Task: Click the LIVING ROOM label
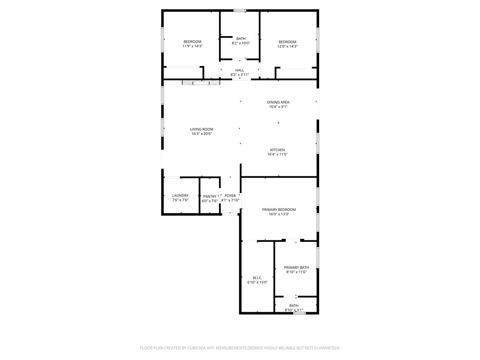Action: (202, 129)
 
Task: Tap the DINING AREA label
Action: (278, 102)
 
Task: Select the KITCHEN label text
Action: (277, 150)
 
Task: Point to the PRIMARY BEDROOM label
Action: (279, 210)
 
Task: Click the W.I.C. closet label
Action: (257, 277)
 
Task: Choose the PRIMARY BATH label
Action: (296, 267)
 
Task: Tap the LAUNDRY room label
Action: (180, 195)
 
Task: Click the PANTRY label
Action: (210, 196)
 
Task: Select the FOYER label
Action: (230, 195)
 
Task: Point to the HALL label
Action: (240, 70)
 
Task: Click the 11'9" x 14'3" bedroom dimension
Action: (193, 46)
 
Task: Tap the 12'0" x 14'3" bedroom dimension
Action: (287, 46)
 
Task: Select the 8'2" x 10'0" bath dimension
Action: (240, 43)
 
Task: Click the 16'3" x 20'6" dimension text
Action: (202, 134)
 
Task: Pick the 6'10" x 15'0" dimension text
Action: (257, 282)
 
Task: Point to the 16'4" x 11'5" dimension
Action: (277, 155)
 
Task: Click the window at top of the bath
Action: (240, 10)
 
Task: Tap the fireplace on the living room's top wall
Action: (201, 82)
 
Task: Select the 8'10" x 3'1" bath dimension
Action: (294, 310)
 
